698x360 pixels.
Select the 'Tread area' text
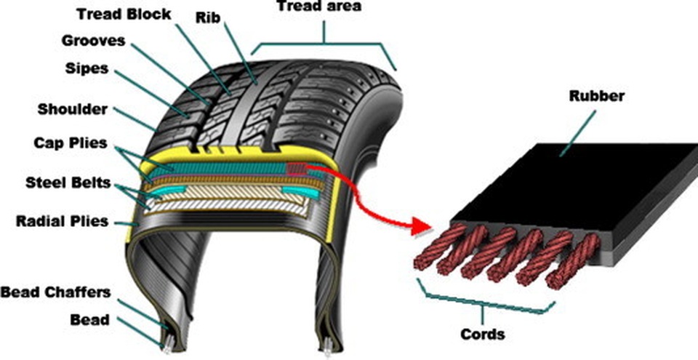coord(316,7)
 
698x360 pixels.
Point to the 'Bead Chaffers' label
coord(55,292)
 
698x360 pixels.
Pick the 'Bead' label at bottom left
coord(89,319)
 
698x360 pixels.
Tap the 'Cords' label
coord(482,335)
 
